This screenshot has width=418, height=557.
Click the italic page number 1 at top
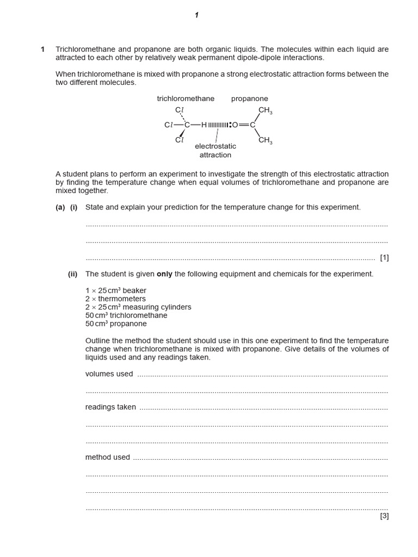point(196,15)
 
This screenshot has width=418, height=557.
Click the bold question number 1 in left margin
point(43,49)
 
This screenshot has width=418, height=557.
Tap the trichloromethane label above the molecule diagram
point(186,98)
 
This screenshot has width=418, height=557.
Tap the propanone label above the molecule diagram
point(249,98)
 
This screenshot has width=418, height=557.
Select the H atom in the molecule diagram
point(204,125)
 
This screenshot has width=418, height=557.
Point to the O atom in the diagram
point(235,125)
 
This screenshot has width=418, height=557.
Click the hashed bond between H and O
point(219,125)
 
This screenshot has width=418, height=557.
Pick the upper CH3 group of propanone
point(265,110)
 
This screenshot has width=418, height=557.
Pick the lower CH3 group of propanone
point(265,140)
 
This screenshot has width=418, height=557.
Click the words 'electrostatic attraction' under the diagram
point(216,151)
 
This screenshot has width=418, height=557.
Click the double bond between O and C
point(244,125)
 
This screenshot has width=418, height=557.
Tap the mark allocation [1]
point(384,257)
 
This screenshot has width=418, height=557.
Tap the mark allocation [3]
point(384,516)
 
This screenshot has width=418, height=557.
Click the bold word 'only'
point(164,274)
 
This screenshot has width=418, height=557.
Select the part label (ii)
point(73,274)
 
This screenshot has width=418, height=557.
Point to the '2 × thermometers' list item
point(115,299)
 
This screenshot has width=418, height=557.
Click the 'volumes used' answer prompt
point(109,374)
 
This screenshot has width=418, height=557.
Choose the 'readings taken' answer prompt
point(110,407)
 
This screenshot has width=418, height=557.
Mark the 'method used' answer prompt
point(108,457)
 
